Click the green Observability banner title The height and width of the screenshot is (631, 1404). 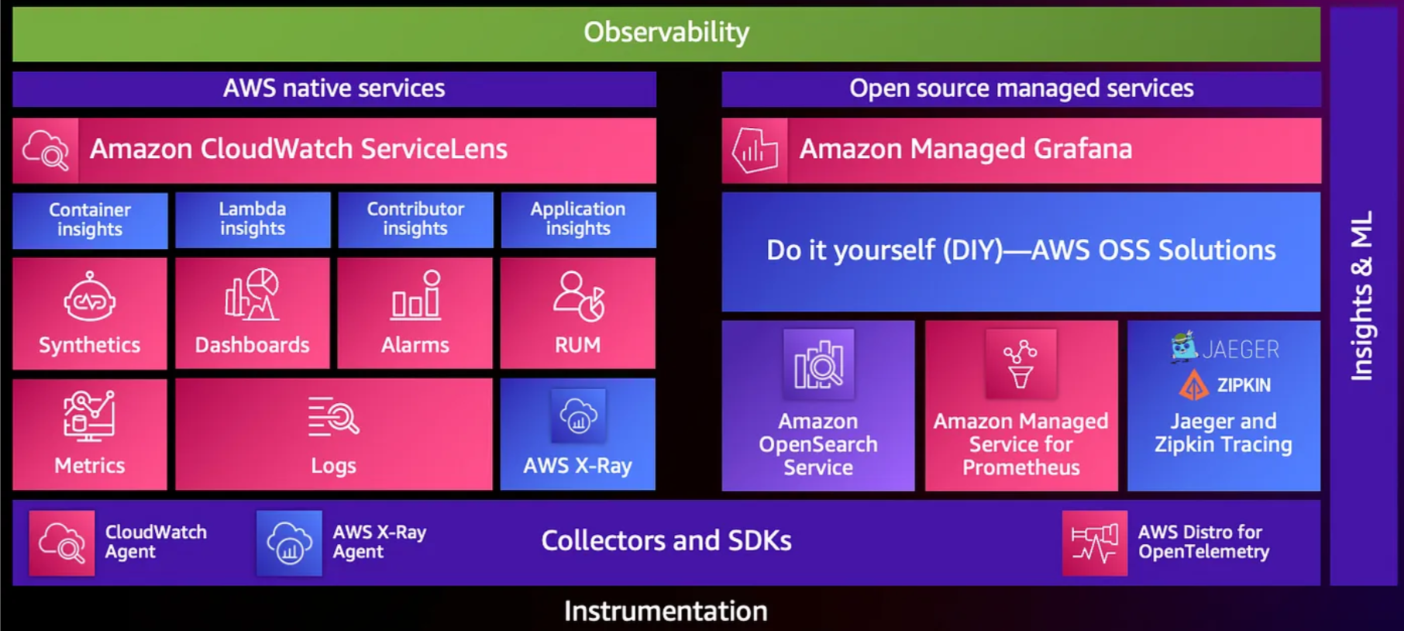(x=666, y=33)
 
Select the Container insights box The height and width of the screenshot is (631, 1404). (x=90, y=220)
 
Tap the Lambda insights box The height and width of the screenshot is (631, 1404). (x=253, y=219)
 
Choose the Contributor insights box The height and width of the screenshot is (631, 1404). (x=415, y=219)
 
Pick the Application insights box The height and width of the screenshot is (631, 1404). (x=578, y=219)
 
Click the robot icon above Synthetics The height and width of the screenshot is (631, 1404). (x=90, y=298)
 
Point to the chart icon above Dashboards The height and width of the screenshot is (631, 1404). (x=252, y=295)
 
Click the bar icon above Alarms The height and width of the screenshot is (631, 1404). (x=416, y=295)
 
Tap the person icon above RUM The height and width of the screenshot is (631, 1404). (x=578, y=296)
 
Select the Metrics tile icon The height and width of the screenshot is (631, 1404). (x=89, y=415)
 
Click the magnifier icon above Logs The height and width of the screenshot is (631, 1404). (x=333, y=417)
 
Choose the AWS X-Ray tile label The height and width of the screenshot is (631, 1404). (x=578, y=466)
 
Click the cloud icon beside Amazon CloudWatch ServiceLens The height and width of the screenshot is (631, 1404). (x=46, y=150)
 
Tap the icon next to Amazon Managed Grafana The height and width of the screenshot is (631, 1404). (x=755, y=150)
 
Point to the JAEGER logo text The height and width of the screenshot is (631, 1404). (x=1241, y=350)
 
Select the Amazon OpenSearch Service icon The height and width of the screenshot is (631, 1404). (x=818, y=364)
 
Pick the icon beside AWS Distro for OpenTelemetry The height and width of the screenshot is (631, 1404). (x=1094, y=543)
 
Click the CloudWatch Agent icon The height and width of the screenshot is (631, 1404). (x=62, y=543)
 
